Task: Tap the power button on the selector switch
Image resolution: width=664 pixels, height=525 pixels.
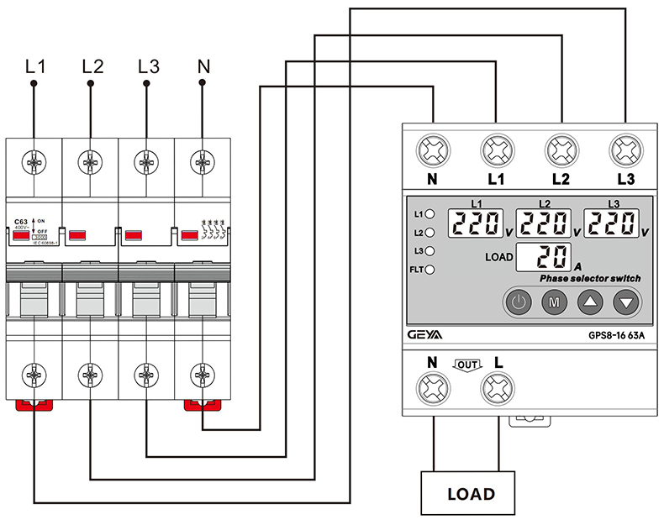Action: click(x=519, y=301)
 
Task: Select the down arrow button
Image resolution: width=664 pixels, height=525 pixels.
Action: click(x=626, y=301)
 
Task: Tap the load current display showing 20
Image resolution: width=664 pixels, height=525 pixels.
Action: click(x=541, y=257)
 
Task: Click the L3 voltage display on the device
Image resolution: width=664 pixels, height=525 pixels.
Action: click(x=613, y=223)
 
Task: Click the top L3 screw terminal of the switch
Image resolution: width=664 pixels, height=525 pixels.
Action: click(x=625, y=153)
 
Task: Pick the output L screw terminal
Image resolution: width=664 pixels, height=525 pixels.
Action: click(x=498, y=390)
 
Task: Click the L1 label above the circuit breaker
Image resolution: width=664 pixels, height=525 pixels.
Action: click(x=34, y=66)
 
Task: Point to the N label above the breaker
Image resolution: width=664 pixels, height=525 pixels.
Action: click(x=203, y=66)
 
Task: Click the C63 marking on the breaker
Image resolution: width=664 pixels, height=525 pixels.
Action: click(x=20, y=221)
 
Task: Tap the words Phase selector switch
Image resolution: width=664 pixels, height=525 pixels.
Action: click(x=590, y=278)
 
